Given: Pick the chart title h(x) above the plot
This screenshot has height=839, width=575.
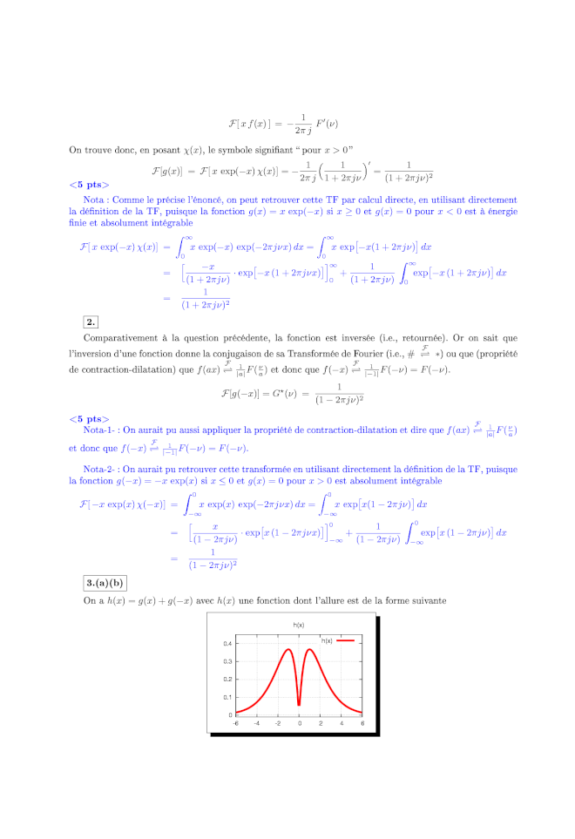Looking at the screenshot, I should point(299,626).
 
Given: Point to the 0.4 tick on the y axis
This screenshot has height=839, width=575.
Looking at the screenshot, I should point(227,644).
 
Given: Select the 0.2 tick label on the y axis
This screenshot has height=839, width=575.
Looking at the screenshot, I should point(227,680).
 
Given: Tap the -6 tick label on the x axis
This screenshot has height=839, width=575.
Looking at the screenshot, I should point(235,723).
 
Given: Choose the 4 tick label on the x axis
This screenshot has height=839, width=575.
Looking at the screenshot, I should point(342,723).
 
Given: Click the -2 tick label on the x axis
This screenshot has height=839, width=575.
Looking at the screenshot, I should point(278,723).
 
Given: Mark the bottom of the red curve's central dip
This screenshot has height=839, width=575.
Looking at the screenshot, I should point(299,705).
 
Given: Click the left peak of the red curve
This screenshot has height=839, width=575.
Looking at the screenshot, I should point(289,649).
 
